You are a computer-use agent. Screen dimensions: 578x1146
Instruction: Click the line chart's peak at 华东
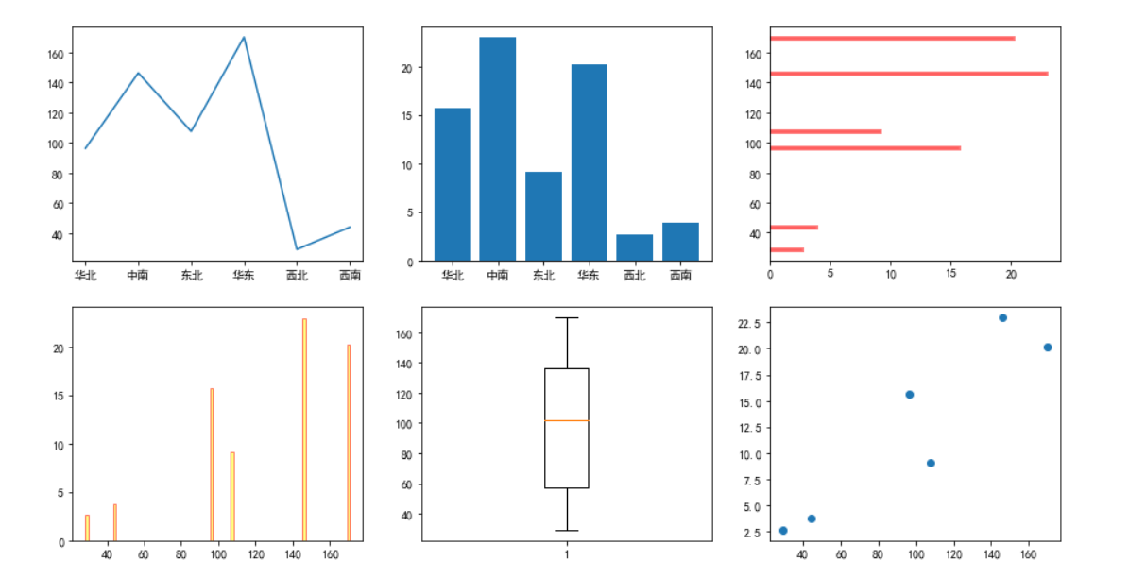[x=244, y=38]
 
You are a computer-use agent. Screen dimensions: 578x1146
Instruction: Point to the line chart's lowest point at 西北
[x=297, y=249]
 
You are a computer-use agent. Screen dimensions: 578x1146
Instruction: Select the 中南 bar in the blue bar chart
[x=498, y=149]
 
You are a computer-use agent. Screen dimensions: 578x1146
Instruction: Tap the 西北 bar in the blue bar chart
[x=634, y=247]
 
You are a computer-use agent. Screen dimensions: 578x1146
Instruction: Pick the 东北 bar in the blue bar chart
[x=543, y=216]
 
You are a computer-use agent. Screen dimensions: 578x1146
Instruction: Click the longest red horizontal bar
[x=909, y=74]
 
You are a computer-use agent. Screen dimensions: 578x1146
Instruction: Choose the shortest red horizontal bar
[x=787, y=249]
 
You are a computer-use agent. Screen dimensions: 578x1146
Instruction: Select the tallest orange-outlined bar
[x=304, y=430]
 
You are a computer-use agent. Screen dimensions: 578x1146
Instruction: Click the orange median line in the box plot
[x=567, y=420]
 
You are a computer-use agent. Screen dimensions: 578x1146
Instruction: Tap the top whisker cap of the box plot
[x=567, y=318]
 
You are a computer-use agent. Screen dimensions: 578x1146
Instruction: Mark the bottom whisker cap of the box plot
[x=567, y=531]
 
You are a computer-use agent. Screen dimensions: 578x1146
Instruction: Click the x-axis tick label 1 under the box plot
[x=567, y=554]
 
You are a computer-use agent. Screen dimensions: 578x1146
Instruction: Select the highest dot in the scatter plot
[x=1002, y=317]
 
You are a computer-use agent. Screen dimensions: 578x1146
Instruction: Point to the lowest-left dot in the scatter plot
[x=783, y=531]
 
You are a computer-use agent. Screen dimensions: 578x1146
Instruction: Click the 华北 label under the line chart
[x=85, y=276]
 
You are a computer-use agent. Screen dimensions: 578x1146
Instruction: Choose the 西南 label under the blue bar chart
[x=680, y=276]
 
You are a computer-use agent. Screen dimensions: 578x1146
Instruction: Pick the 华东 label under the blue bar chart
[x=589, y=276]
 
